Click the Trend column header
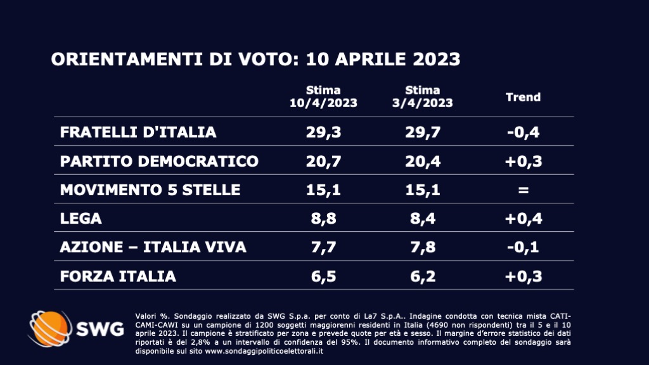click(523, 97)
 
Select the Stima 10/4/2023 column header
click(323, 97)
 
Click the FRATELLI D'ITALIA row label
click(138, 132)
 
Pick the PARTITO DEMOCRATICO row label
click(159, 161)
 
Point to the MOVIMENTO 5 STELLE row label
click(150, 189)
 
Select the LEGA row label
click(80, 219)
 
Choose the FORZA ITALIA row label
click(118, 276)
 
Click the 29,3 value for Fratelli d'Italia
click(323, 132)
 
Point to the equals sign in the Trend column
click(523, 190)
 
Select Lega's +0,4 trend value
click(523, 219)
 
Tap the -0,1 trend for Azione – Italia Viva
click(523, 247)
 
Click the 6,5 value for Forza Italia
click(323, 276)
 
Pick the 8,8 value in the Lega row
click(323, 219)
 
